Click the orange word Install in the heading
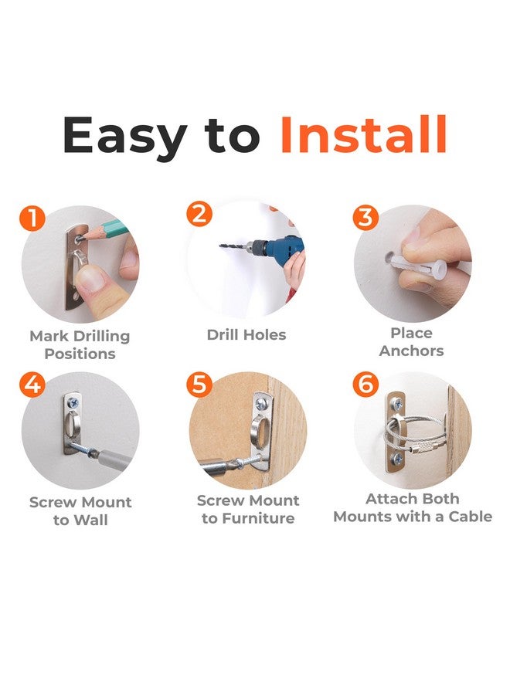(363, 134)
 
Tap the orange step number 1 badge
(32, 218)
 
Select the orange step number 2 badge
(199, 214)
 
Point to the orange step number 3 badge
(365, 218)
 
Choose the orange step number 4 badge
(32, 385)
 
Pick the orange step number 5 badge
(199, 385)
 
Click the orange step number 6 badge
(365, 385)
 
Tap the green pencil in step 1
(107, 230)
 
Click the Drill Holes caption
(246, 334)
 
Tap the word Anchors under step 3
(412, 351)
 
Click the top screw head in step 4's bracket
(73, 403)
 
